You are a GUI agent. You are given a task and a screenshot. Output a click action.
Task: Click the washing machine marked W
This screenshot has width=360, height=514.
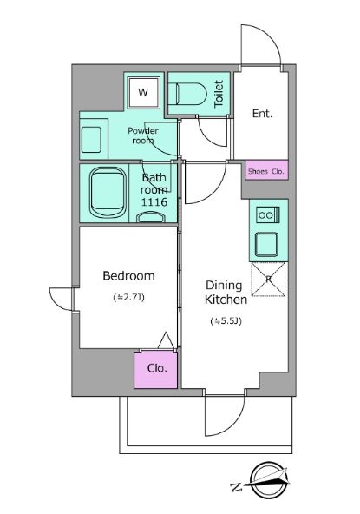144,93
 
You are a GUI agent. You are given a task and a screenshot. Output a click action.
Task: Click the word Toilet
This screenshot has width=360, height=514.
219,94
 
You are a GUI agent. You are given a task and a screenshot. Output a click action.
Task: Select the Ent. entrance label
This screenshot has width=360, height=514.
262,114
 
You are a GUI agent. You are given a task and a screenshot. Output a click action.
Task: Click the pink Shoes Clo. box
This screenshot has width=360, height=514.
266,170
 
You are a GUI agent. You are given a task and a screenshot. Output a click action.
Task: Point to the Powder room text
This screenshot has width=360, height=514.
143,135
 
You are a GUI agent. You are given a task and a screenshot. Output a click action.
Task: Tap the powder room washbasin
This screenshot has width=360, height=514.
91,140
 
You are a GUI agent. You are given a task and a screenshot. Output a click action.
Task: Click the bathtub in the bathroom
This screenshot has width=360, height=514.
108,193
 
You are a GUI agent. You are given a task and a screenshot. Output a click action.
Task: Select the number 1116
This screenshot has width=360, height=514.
154,202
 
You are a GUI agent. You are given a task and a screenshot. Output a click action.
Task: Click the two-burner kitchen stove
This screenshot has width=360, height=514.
268,215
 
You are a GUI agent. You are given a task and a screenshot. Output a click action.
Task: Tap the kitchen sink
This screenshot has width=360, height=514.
266,244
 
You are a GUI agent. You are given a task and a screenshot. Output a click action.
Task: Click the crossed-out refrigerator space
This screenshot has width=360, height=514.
268,280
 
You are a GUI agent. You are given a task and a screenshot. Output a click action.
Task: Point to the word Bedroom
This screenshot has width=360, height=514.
128,276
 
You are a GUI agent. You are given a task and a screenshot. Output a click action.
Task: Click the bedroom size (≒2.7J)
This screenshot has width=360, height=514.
128,298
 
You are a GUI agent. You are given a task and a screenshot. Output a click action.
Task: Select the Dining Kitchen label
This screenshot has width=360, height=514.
226,293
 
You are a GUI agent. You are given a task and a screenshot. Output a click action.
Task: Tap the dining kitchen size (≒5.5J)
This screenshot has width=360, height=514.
226,321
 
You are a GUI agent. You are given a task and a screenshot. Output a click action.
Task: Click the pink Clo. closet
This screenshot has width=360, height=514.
156,370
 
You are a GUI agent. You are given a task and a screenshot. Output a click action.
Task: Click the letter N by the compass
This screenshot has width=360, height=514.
237,487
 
